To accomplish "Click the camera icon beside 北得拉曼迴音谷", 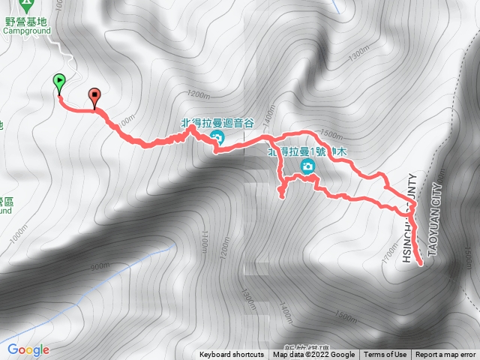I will click(217, 136).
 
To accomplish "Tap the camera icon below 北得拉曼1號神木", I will click(307, 166).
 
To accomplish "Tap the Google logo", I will click(28, 349).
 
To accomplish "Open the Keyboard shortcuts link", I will click(232, 355).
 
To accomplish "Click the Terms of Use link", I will click(386, 355).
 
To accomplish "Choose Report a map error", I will click(447, 355).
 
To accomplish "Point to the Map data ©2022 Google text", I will click(313, 355).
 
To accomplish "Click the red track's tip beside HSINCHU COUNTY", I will click(420, 263).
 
